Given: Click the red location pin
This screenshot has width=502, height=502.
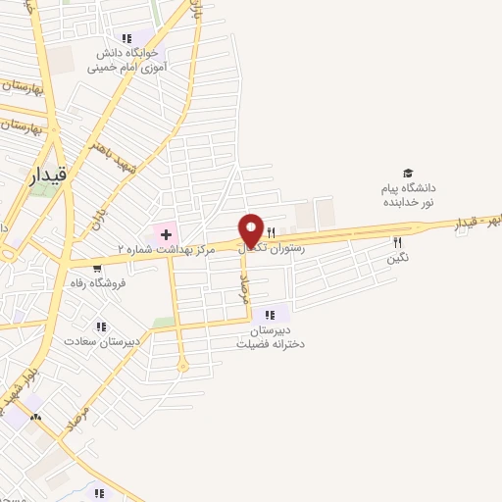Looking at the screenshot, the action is pos(251,229).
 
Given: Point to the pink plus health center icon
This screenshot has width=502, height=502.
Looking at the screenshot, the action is pos(166,233).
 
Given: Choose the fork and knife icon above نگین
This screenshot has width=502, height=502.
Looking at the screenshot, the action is pos(397,242).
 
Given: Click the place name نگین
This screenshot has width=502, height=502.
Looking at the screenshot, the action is pos(397,258).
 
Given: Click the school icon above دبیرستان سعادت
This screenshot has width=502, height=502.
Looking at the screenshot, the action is pos(99,326).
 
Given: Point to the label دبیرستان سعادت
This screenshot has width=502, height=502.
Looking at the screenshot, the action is pos(98,342).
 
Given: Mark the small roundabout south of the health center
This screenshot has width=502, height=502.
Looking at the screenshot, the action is pos(182,367).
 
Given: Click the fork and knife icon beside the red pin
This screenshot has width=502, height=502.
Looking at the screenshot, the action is pos(270,232).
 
